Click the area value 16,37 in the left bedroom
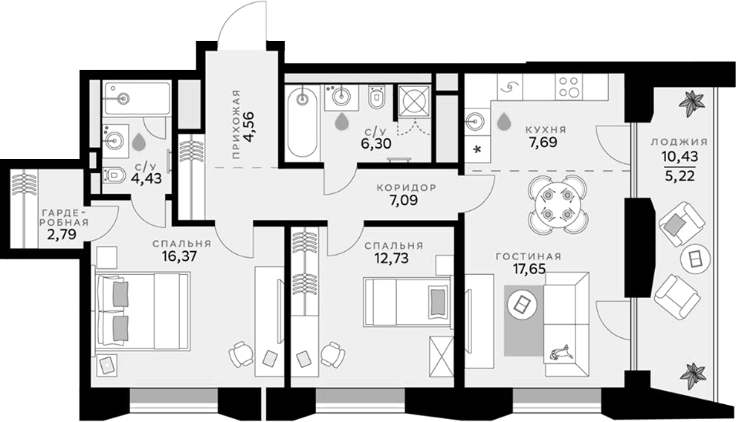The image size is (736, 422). (x=181, y=257)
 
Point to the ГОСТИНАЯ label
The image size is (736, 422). (x=529, y=256)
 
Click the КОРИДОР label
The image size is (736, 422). (x=406, y=188)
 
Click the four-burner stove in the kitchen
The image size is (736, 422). (x=570, y=88)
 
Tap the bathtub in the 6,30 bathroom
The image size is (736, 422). (x=302, y=121)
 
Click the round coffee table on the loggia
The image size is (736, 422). (x=696, y=259)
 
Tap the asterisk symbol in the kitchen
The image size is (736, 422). (x=476, y=149)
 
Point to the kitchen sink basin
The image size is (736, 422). (x=475, y=120)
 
